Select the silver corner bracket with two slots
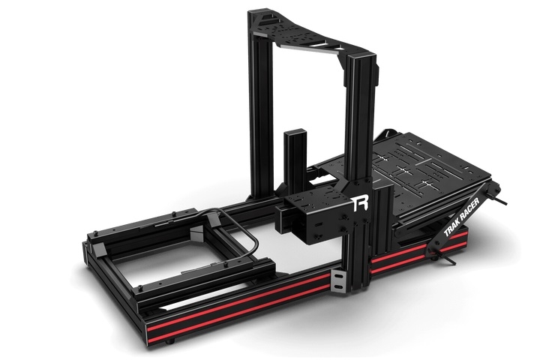pyautogui.click(x=339, y=283)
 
